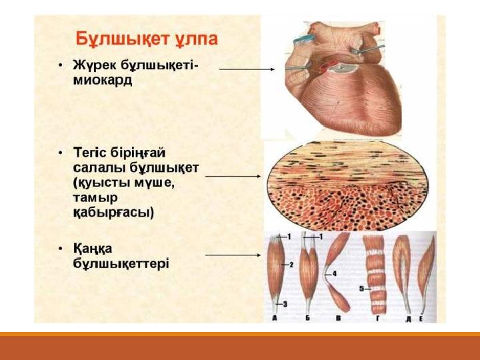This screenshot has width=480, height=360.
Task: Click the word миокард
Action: (x=103, y=81)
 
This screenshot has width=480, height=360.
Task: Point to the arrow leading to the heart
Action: (x=247, y=69)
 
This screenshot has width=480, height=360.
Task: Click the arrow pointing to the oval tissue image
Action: (x=233, y=176)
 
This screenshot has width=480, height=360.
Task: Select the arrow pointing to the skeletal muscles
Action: (x=233, y=255)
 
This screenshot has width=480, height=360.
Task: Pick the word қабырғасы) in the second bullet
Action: (x=113, y=213)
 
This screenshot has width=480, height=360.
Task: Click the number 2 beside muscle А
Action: (x=291, y=265)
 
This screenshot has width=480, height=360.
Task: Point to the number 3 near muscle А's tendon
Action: (x=285, y=304)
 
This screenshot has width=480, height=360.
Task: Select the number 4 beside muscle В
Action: (x=334, y=273)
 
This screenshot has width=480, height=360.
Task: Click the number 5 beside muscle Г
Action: (x=361, y=289)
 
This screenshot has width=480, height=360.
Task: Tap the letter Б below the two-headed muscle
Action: (x=307, y=319)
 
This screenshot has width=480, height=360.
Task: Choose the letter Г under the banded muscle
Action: (x=378, y=319)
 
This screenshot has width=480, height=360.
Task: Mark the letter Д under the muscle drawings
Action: (x=409, y=319)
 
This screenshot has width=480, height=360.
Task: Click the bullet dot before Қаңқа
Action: (x=61, y=248)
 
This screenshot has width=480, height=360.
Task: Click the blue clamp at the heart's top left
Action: (x=304, y=39)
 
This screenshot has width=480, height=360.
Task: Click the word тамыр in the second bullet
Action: (x=95, y=198)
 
